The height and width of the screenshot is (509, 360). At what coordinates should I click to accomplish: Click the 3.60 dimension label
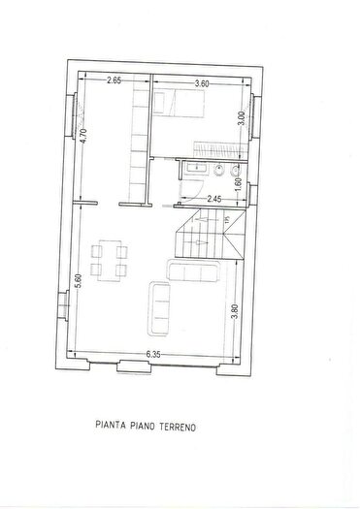coord(202,83)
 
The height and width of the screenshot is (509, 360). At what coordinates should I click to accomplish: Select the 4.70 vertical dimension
coord(84,137)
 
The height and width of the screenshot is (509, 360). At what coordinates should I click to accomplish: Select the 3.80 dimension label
coord(236,312)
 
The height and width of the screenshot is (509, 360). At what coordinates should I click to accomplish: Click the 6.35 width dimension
coord(154,355)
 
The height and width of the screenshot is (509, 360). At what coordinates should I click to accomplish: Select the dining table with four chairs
coord(110,259)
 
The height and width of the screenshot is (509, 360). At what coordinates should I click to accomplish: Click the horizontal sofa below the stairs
coord(192,270)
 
